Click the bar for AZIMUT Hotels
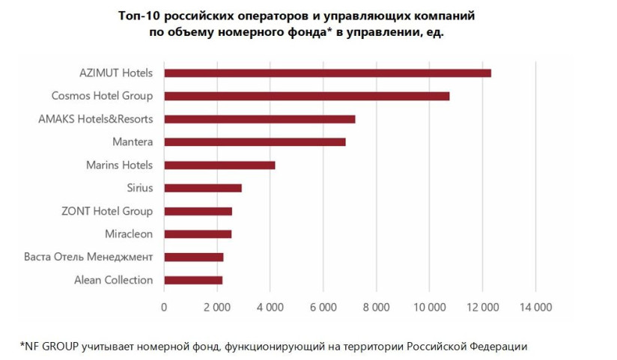327,73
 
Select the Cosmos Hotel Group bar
306,96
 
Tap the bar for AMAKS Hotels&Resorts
259,119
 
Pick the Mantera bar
255,141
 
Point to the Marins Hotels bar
219,165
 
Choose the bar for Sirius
202,188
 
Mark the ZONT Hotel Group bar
198,211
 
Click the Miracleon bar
198,234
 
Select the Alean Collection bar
193,280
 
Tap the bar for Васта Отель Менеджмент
193,257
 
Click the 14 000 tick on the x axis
535,307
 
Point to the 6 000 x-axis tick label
323,307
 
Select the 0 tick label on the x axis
164,307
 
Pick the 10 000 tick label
429,307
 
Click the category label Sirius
140,188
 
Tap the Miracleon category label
129,234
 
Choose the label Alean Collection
114,280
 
